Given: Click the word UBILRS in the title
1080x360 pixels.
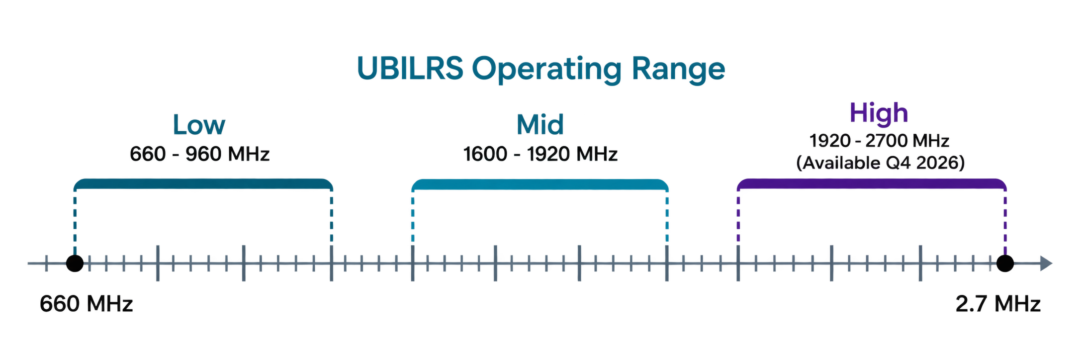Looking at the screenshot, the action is [410, 68].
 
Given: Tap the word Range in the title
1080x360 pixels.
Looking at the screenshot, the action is [678, 69].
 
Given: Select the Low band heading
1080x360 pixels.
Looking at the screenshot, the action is [199, 125].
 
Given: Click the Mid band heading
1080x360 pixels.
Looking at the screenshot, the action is [540, 125].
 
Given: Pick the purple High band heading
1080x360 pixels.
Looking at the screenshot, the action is [879, 113].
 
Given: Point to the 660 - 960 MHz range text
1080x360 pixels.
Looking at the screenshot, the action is [199, 154].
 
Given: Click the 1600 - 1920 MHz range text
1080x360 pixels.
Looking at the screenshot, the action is [540, 154].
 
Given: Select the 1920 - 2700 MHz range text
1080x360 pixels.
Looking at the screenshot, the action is [879, 141].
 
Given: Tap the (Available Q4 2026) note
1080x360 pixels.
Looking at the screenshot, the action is [880, 163].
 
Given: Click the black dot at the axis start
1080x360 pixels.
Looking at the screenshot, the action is [75, 263].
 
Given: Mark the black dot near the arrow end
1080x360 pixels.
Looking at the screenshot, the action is [1005, 263].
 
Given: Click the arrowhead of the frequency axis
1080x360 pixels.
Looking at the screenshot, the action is [1046, 264].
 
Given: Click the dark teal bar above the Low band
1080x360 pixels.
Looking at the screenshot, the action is [203, 183].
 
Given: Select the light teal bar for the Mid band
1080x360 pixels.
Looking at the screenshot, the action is [540, 184].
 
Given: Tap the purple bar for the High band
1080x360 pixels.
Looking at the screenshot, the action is [872, 183].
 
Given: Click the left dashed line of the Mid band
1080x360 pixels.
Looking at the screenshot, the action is [413, 217].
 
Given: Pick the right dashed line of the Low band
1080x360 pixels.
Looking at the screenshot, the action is [331, 217].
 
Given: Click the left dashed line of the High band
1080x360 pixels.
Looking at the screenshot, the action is [738, 217].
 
